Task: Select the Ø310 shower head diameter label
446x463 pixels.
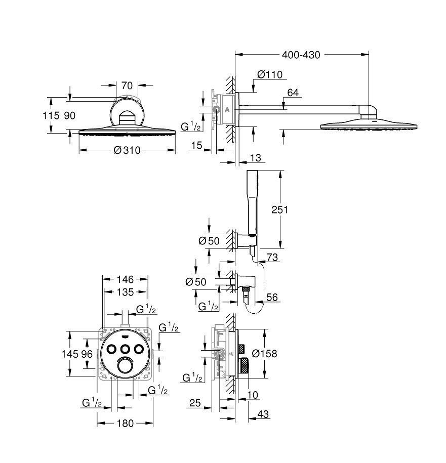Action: tap(127, 150)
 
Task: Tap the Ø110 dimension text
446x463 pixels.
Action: tap(269, 74)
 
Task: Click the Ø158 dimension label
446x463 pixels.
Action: tap(264, 354)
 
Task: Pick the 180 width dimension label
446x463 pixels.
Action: tap(125, 423)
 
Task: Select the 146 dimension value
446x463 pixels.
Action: tap(125, 279)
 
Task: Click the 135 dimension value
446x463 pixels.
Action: tap(125, 292)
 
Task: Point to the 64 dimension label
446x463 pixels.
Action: tap(293, 93)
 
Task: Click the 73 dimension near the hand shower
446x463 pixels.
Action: tap(272, 258)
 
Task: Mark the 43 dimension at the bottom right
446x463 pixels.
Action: tap(263, 414)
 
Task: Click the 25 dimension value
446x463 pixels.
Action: tap(194, 403)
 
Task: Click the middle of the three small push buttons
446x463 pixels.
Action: tap(125, 348)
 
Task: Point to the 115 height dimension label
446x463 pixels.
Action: tap(49, 115)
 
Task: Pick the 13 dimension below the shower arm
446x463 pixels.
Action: tap(256, 159)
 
